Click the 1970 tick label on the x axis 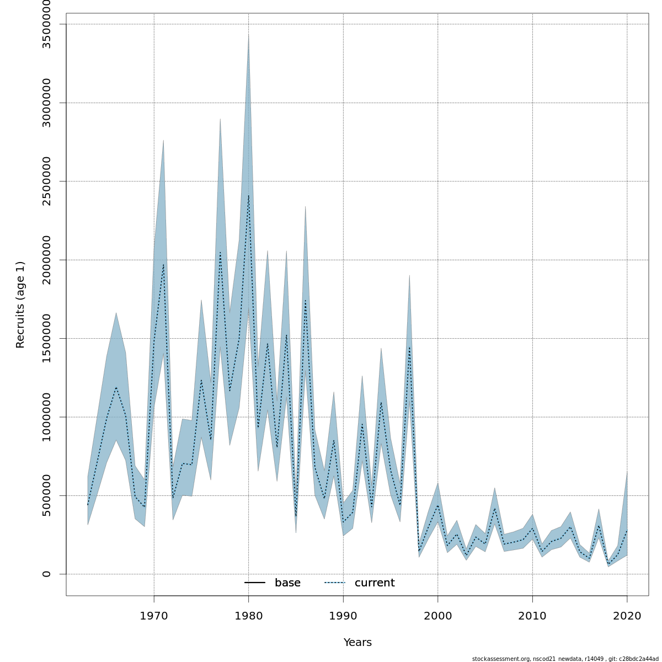[x=154, y=615]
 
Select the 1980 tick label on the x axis [x=248, y=615]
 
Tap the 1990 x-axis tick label [x=343, y=615]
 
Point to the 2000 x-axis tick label [x=437, y=615]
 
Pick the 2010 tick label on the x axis [x=532, y=615]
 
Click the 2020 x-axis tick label [x=627, y=615]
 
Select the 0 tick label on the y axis [x=46, y=574]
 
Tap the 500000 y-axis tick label [x=46, y=495]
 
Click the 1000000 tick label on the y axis [x=46, y=417]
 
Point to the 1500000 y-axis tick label [x=46, y=338]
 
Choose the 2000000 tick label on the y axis [x=46, y=260]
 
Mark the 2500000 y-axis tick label [x=46, y=181]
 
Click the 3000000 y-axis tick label [x=46, y=103]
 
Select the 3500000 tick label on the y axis [x=46, y=24]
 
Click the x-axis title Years [x=357, y=643]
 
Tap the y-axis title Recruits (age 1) [x=20, y=305]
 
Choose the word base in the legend [x=287, y=583]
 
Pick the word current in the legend [x=375, y=583]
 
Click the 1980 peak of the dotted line [x=248, y=196]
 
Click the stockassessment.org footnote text [x=565, y=659]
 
